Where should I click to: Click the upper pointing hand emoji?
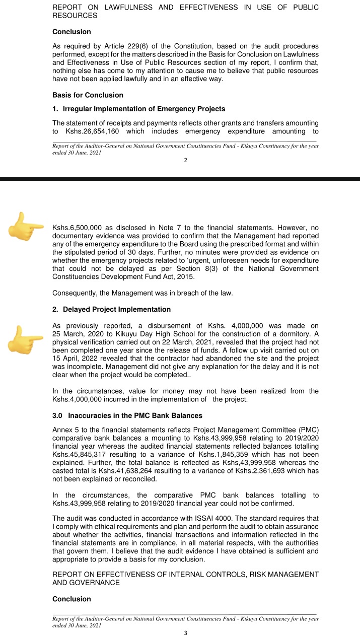[27, 227]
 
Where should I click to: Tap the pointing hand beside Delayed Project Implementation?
[27, 339]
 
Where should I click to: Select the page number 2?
[185, 160]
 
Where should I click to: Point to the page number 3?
[185, 633]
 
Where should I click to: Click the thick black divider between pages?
[180, 178]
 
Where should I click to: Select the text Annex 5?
[66, 429]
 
